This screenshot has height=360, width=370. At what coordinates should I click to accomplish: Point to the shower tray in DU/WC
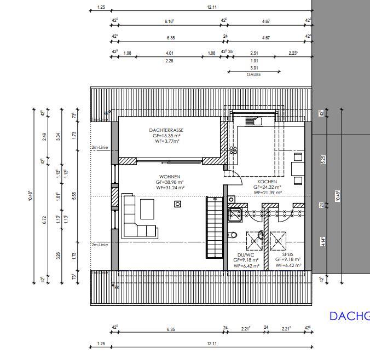click(x=235, y=214)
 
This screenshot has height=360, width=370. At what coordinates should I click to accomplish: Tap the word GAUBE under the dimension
click(x=253, y=75)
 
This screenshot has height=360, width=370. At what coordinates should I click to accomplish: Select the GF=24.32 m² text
click(x=268, y=187)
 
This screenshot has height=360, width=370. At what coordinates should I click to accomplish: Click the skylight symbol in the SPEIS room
click(x=278, y=240)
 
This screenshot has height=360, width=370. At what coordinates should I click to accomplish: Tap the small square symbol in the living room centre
click(x=177, y=204)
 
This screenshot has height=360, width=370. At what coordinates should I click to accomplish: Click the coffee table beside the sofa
click(x=148, y=208)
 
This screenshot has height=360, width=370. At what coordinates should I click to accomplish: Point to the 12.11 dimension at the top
click(x=211, y=8)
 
